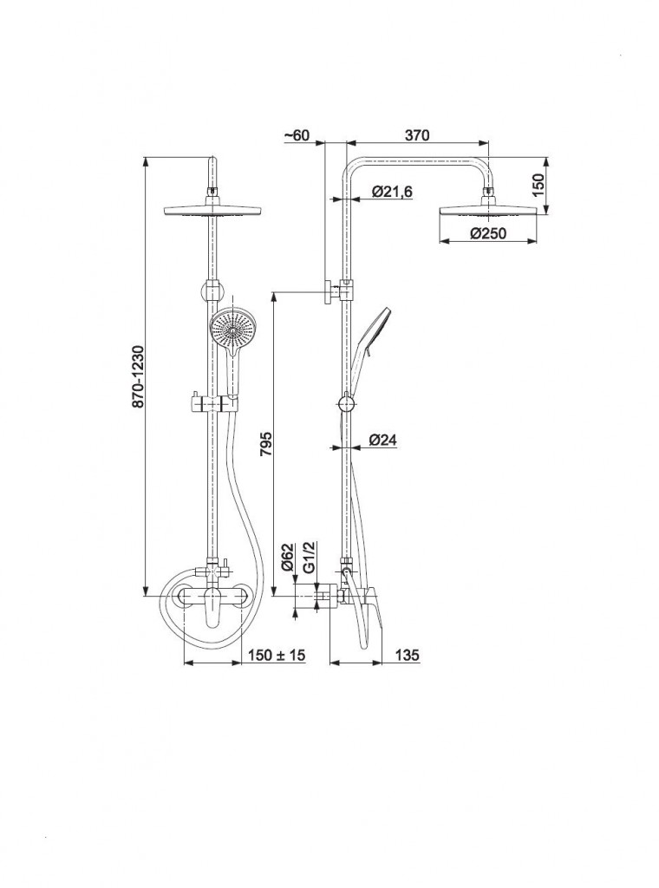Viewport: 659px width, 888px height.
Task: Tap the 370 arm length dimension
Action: [x=417, y=134]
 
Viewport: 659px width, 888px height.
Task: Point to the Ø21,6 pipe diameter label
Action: [x=392, y=192]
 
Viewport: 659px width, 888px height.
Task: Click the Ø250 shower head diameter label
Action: [x=488, y=232]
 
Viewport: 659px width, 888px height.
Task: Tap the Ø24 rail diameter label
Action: [x=383, y=440]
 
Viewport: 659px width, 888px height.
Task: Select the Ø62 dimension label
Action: [x=288, y=556]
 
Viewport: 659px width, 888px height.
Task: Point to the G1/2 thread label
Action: [x=309, y=556]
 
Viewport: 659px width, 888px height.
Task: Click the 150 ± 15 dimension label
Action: [x=277, y=655]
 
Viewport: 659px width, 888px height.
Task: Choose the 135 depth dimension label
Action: [x=407, y=655]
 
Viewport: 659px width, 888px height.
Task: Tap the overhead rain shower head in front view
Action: [x=212, y=210]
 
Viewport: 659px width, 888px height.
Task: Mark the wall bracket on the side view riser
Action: [x=338, y=291]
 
